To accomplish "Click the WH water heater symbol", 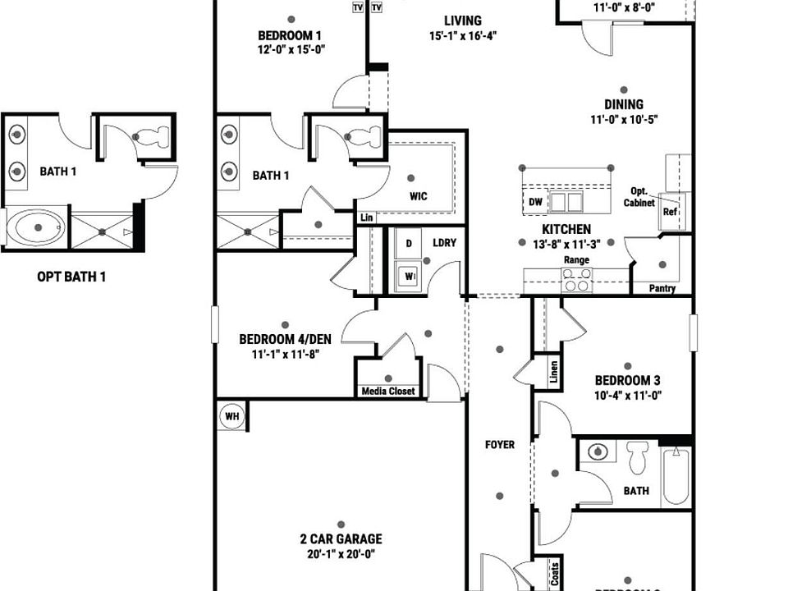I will (x=232, y=417).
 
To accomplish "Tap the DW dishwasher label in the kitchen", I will (x=535, y=202).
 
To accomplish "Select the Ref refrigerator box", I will (x=669, y=211).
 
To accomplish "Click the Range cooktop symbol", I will (x=576, y=282).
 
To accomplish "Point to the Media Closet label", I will (x=388, y=392).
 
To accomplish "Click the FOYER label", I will (x=500, y=445).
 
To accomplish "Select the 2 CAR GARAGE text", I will (x=341, y=539).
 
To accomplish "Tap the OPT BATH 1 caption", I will (x=71, y=277).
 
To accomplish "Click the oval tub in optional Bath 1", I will (x=35, y=227).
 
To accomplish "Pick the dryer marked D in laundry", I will (x=408, y=243).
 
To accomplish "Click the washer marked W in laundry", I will (x=408, y=277).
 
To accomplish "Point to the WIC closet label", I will (x=419, y=196).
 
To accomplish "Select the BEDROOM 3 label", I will (x=628, y=381).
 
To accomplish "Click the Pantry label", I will (x=662, y=289).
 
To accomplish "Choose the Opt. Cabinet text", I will (x=639, y=196).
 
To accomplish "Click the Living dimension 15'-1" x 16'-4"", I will (x=463, y=36).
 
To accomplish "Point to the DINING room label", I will (x=624, y=104).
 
